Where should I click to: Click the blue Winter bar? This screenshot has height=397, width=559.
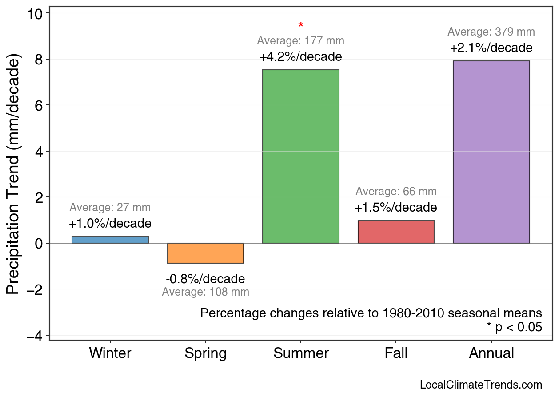click(110, 240)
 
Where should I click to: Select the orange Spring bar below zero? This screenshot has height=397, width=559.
click(205, 253)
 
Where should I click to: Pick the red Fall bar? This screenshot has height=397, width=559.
click(396, 232)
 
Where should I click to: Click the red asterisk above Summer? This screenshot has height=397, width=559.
click(301, 25)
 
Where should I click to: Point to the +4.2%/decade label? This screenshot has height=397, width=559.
click(301, 57)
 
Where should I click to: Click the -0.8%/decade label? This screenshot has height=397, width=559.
click(205, 279)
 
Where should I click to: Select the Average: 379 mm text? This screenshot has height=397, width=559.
click(491, 32)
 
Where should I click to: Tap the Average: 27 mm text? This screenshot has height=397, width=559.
click(110, 208)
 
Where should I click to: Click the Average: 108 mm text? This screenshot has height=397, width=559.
click(205, 292)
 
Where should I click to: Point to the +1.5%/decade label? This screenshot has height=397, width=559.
click(396, 208)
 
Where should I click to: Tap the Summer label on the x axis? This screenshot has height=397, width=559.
click(301, 353)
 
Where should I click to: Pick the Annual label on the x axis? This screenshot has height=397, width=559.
click(491, 353)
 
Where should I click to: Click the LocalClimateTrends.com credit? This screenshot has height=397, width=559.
click(481, 385)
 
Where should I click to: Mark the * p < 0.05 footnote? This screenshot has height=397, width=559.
click(514, 327)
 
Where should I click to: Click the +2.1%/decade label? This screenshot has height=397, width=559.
click(491, 48)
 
